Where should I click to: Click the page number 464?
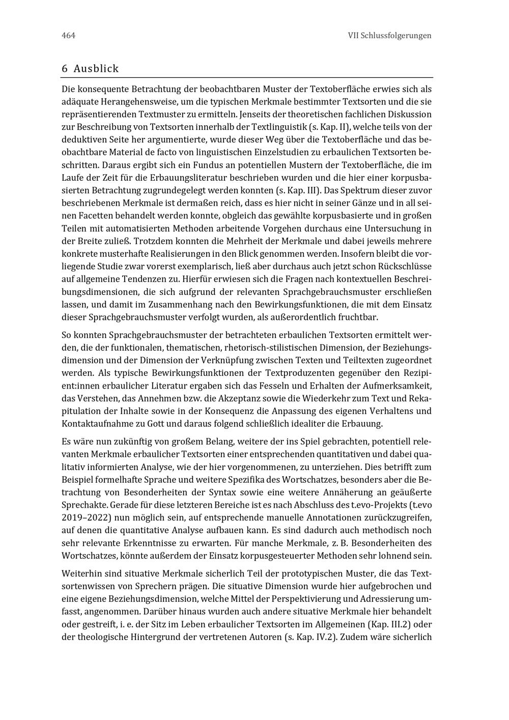coord(68,36)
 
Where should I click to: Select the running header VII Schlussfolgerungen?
coord(389,36)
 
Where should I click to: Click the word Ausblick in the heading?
coord(96,69)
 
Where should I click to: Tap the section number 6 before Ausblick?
coord(65,69)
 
